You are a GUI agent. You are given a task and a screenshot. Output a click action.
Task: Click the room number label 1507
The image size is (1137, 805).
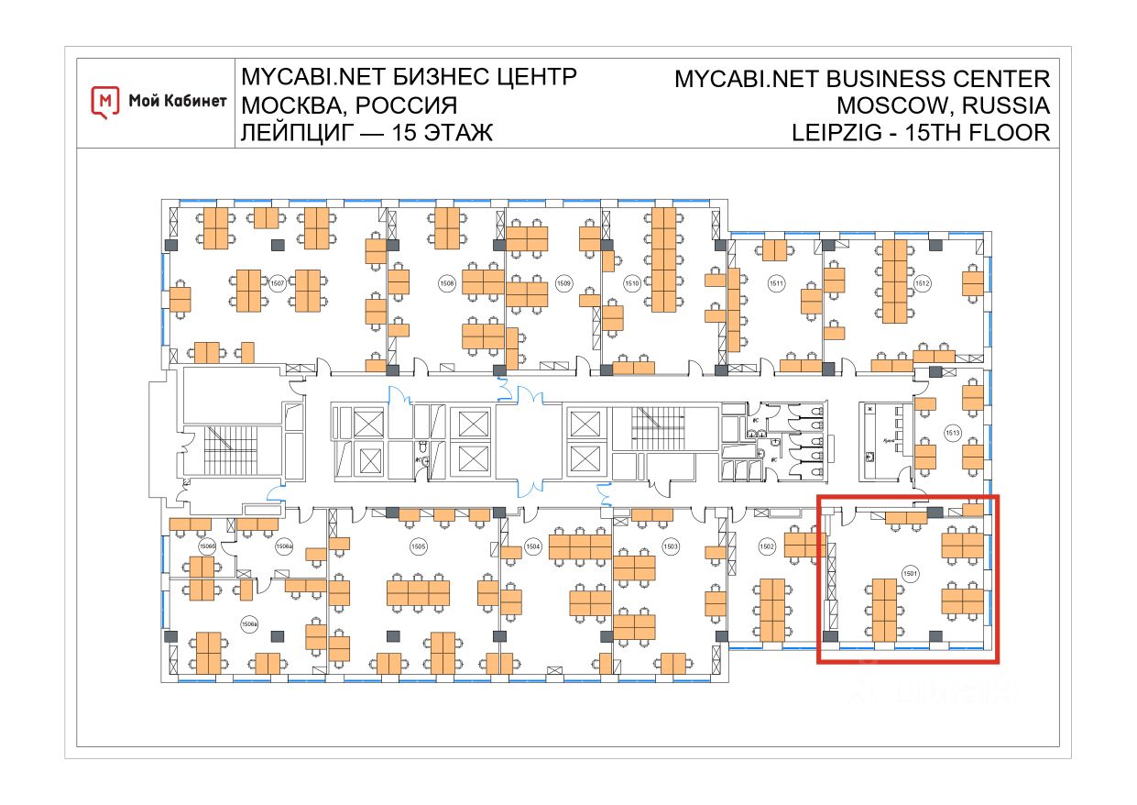click(279, 283)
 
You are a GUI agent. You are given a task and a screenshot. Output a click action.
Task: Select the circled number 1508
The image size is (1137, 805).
click(447, 283)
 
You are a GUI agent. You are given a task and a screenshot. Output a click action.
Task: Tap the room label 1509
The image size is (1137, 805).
click(563, 283)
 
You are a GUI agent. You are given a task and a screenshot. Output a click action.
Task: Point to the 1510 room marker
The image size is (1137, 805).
click(631, 283)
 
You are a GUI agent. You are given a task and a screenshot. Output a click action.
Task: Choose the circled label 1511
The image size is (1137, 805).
click(776, 283)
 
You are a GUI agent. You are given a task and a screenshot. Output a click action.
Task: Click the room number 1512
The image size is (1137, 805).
click(922, 283)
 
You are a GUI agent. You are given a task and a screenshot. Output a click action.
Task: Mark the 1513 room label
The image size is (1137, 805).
click(952, 432)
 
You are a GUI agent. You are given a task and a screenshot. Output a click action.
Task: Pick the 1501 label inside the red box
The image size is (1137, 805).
click(910, 573)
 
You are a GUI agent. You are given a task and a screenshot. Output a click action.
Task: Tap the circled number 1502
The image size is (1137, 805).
click(768, 546)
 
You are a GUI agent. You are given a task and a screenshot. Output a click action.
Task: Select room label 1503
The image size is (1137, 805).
click(671, 546)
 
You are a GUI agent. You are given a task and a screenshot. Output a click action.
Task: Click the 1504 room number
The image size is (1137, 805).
click(533, 546)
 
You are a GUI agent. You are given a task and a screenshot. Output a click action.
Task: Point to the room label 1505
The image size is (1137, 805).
click(418, 546)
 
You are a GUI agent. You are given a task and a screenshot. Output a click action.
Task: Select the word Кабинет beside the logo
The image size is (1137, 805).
click(191, 102)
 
